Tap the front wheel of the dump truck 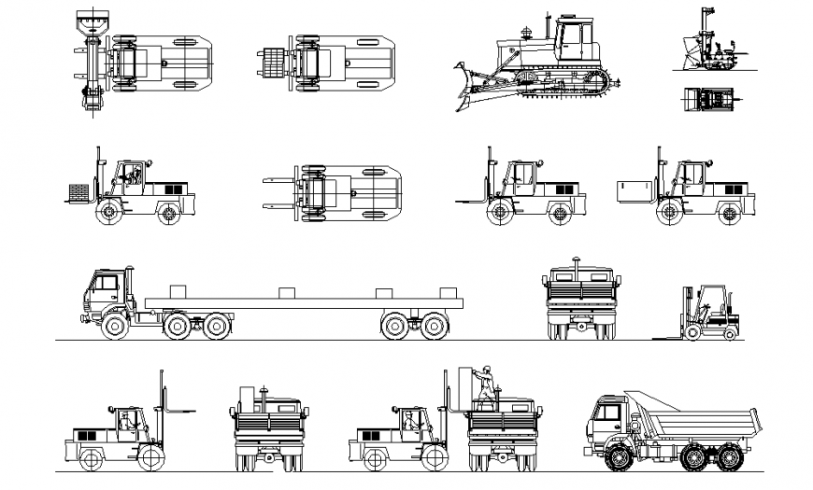618,459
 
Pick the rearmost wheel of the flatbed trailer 433,326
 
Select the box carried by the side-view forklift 635,191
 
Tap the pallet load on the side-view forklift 79,193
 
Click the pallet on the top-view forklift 271,63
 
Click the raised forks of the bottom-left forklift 178,408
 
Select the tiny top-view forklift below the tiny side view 709,98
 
